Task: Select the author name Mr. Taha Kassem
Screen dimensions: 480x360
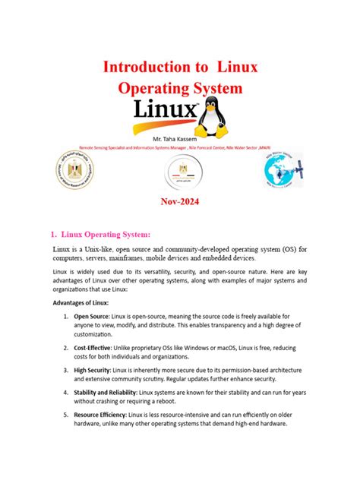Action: (180, 141)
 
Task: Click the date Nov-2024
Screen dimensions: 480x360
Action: (180, 203)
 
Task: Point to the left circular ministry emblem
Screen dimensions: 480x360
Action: (73, 172)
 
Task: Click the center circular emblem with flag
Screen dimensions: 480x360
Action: (182, 174)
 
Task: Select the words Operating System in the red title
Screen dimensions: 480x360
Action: (180, 89)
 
